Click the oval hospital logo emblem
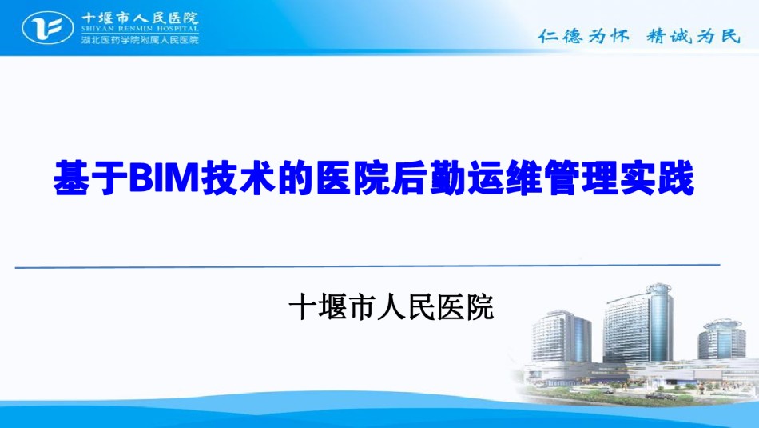(47, 28)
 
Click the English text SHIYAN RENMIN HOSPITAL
(140, 28)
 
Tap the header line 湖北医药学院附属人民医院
(140, 39)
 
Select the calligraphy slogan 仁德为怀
(584, 36)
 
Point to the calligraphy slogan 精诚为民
(693, 36)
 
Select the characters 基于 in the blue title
(91, 178)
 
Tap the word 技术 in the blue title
(239, 178)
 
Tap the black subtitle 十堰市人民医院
(391, 307)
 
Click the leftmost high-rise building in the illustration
(562, 337)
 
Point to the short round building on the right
(721, 339)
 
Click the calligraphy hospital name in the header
(140, 18)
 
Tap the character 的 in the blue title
(296, 178)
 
